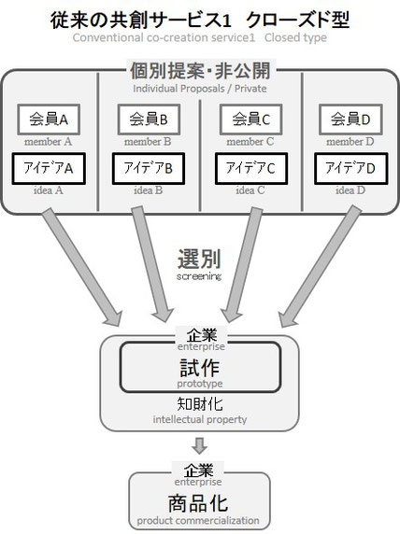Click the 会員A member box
click(49, 119)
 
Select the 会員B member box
click(149, 119)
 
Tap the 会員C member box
click(251, 119)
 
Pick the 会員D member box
click(350, 119)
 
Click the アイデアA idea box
click(49, 169)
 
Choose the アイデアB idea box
click(149, 169)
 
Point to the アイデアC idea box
click(251, 169)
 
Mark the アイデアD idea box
click(350, 169)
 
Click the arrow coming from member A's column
click(82, 267)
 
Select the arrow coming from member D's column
click(320, 267)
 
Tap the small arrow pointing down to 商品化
click(199, 445)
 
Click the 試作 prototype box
click(200, 367)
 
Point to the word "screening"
click(199, 276)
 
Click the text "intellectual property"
click(200, 419)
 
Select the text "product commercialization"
click(198, 521)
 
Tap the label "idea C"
click(250, 190)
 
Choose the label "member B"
click(148, 141)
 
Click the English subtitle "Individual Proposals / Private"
click(200, 89)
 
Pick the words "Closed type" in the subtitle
click(295, 37)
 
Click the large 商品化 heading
click(198, 504)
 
